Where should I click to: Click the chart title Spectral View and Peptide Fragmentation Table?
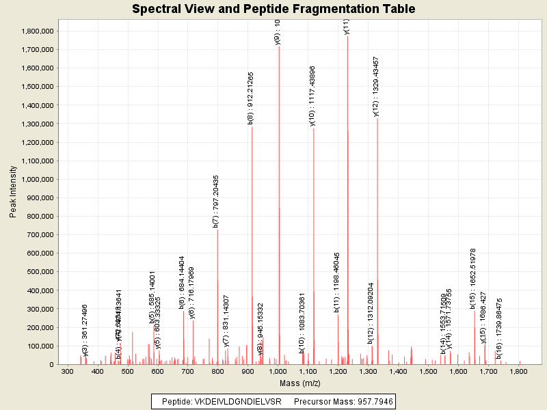273,9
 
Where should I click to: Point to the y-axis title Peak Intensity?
13,191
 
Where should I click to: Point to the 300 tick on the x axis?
67,371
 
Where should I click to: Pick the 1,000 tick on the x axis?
278,371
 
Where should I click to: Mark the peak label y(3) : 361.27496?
85,330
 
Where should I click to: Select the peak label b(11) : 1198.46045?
337,282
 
